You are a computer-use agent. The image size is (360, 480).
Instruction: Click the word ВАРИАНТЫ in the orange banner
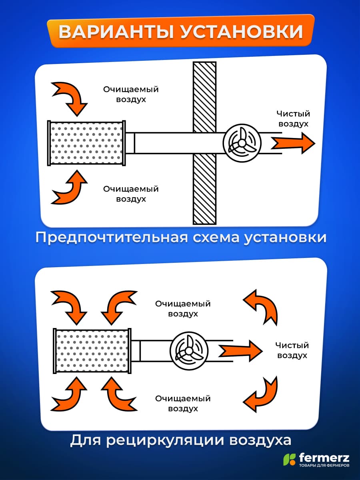pyautogui.click(x=116, y=32)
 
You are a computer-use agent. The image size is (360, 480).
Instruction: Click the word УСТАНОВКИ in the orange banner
pyautogui.click(x=241, y=32)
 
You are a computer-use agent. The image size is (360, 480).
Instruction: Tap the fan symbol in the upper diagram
pyautogui.click(x=242, y=143)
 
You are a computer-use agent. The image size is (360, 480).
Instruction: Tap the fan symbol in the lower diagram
pyautogui.click(x=189, y=351)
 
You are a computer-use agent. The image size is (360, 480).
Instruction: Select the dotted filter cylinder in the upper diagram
pyautogui.click(x=86, y=143)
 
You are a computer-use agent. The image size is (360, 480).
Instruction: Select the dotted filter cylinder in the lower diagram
pyautogui.click(x=92, y=351)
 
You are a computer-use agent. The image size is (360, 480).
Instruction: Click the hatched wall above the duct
pyautogui.click(x=204, y=97)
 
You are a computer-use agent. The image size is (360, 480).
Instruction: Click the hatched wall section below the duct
pyautogui.click(x=204, y=189)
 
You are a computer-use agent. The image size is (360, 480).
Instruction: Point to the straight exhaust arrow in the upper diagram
pyautogui.click(x=293, y=143)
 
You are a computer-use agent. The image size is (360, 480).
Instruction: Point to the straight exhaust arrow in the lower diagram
pyautogui.click(x=240, y=351)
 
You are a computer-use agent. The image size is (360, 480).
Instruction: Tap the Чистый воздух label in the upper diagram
pyautogui.click(x=293, y=119)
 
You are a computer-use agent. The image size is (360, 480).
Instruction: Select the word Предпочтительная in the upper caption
pyautogui.click(x=112, y=238)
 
